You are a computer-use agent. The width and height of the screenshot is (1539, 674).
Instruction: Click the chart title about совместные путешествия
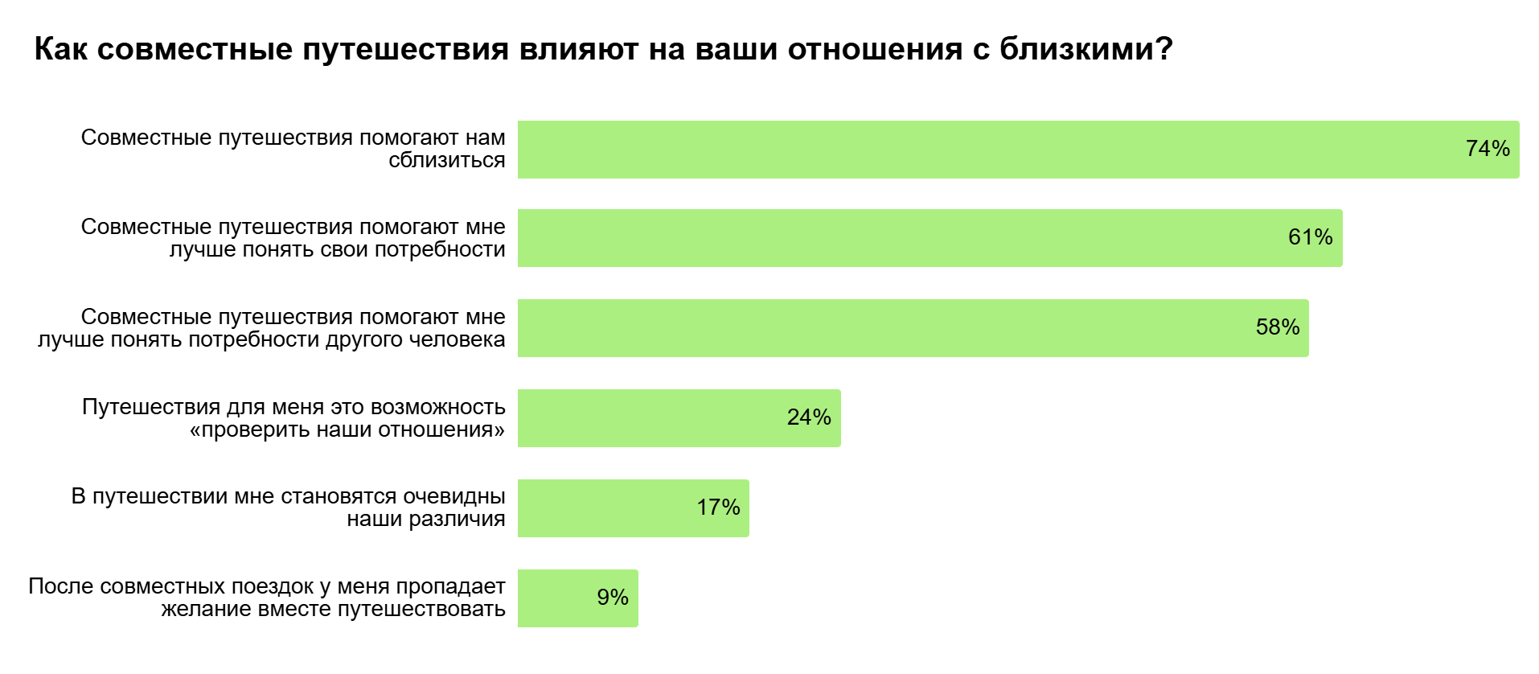click(603, 50)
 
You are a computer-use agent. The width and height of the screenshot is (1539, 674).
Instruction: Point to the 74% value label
click(1488, 149)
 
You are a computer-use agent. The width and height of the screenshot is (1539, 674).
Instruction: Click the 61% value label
click(1311, 237)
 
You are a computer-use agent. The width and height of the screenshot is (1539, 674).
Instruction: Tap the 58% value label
click(1278, 327)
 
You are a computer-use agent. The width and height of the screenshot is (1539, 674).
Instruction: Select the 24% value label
click(809, 417)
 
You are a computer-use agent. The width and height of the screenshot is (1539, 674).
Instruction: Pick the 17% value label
click(718, 508)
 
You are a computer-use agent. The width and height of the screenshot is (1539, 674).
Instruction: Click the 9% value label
click(613, 598)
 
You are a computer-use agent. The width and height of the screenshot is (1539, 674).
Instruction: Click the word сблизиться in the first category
click(447, 160)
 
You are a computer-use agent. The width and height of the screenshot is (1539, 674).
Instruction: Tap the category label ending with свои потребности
click(293, 238)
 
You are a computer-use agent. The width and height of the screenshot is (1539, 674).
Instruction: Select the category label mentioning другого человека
click(272, 328)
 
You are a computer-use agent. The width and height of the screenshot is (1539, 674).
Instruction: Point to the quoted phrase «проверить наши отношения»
click(347, 429)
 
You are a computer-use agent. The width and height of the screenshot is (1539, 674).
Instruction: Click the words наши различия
click(426, 519)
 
